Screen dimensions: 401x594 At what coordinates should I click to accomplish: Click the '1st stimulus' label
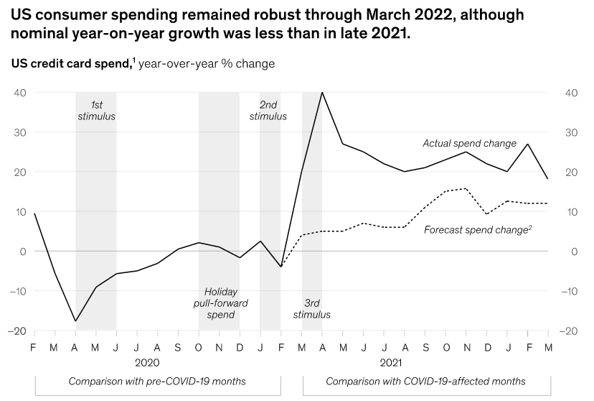[x=96, y=111]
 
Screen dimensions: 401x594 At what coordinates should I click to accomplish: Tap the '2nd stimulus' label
[x=268, y=111]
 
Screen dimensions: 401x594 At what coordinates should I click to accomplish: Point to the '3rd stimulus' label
[x=312, y=308]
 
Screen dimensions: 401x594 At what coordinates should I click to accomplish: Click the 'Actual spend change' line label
[x=469, y=144]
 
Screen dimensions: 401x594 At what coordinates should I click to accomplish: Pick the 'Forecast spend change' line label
[x=477, y=230]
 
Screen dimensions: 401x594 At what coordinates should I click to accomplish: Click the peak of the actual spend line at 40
[x=322, y=93]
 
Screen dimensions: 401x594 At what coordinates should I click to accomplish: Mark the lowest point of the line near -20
[x=75, y=321]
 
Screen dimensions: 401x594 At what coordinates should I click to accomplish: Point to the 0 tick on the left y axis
[x=23, y=252]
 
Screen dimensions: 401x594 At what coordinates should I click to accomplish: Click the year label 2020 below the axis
[x=147, y=363]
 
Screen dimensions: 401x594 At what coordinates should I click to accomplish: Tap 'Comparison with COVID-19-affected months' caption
[x=425, y=381]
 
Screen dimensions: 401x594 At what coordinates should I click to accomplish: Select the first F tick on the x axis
[x=33, y=347]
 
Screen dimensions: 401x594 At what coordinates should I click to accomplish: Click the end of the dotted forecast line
[x=548, y=203]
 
